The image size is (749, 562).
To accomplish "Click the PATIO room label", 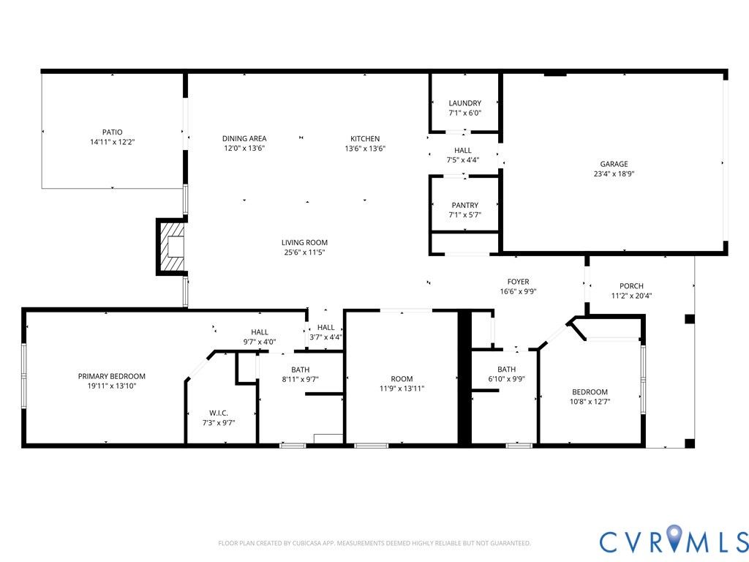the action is coord(112,132).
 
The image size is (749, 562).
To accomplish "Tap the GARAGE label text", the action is coord(614,164).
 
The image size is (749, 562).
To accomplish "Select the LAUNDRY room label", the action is coord(464,103).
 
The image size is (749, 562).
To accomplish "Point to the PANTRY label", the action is coord(464,206).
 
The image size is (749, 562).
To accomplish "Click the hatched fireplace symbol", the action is coord(171,247).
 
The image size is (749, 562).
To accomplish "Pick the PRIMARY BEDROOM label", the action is coord(112,377).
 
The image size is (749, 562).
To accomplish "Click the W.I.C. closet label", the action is coord(218,413).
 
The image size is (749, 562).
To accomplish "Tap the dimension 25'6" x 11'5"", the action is coord(304,252).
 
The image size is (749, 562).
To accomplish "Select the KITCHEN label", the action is coord(365,138).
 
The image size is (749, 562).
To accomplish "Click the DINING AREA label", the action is coord(244,138).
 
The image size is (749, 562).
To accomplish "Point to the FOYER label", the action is coord(519,282).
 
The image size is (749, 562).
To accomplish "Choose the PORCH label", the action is coord(631,286).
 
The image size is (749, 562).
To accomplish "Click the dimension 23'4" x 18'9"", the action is coord(614,174).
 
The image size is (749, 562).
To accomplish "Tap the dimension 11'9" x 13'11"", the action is coord(402,389).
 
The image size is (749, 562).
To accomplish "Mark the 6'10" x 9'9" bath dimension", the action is coord(506,379).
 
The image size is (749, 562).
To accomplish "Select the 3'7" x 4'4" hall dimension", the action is coord(325,337).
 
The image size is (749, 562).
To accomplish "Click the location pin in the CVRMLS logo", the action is coord(674,537).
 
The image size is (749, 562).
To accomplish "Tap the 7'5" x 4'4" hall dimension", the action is coord(462,160).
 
